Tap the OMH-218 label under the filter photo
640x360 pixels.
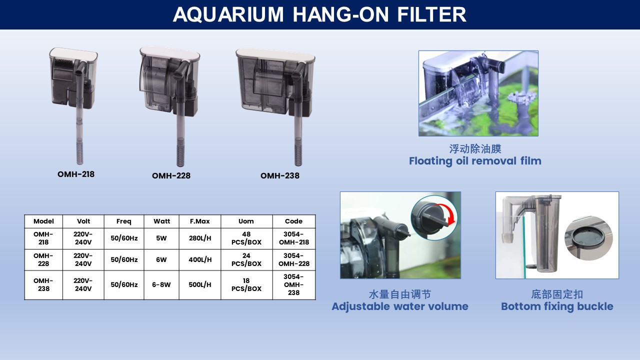click(76, 174)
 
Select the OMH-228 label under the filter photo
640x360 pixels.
click(171, 175)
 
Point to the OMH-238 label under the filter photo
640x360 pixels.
click(280, 175)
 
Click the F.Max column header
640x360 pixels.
click(199, 221)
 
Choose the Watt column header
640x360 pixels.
click(161, 221)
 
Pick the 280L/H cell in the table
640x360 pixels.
click(200, 238)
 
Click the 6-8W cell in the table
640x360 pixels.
click(161, 284)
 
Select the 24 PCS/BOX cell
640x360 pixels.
click(246, 259)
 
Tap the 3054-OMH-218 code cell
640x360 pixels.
click(294, 238)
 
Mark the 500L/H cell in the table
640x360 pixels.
click(200, 284)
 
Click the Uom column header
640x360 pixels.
click(246, 221)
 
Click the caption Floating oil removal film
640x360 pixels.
click(475, 161)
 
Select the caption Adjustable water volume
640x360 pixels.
click(400, 306)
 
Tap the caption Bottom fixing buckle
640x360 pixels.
click(557, 306)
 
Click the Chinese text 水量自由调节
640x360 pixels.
click(400, 294)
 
